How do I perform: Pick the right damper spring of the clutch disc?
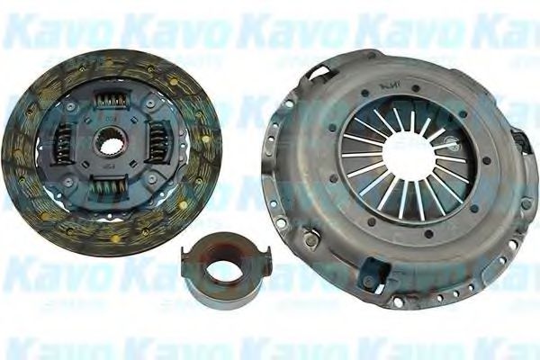157,142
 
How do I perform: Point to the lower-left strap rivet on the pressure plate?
310,239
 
